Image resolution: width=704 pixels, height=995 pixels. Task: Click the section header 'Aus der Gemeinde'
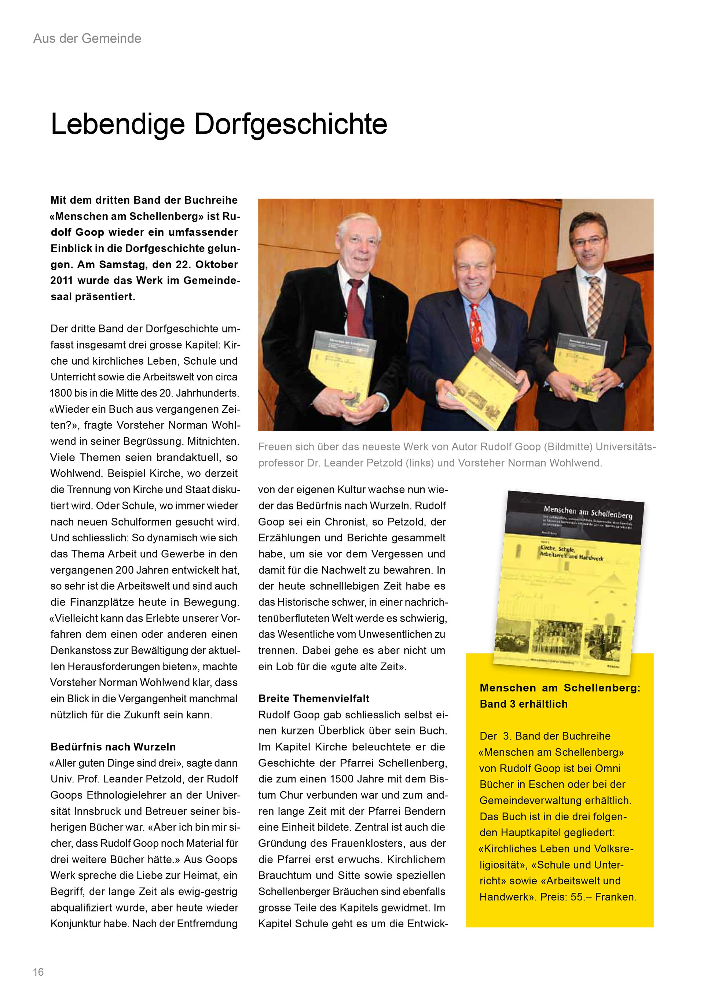coord(87,38)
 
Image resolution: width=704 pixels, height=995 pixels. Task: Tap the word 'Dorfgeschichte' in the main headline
coord(290,124)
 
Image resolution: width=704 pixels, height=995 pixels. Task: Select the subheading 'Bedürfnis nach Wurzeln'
coord(113,747)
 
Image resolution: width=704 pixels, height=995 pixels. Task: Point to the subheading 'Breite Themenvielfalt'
coord(314,699)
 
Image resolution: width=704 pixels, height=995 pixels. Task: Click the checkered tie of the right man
coord(594,303)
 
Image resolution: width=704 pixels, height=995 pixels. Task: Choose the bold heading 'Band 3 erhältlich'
coord(523,704)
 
